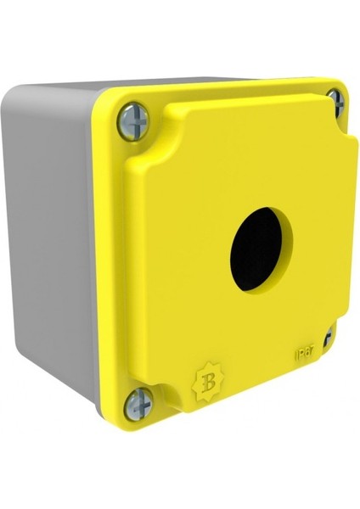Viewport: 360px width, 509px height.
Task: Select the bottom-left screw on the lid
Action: [x=138, y=404]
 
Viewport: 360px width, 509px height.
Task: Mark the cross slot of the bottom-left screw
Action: [x=138, y=404]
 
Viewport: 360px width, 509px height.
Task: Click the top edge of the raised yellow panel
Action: [x=246, y=95]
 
